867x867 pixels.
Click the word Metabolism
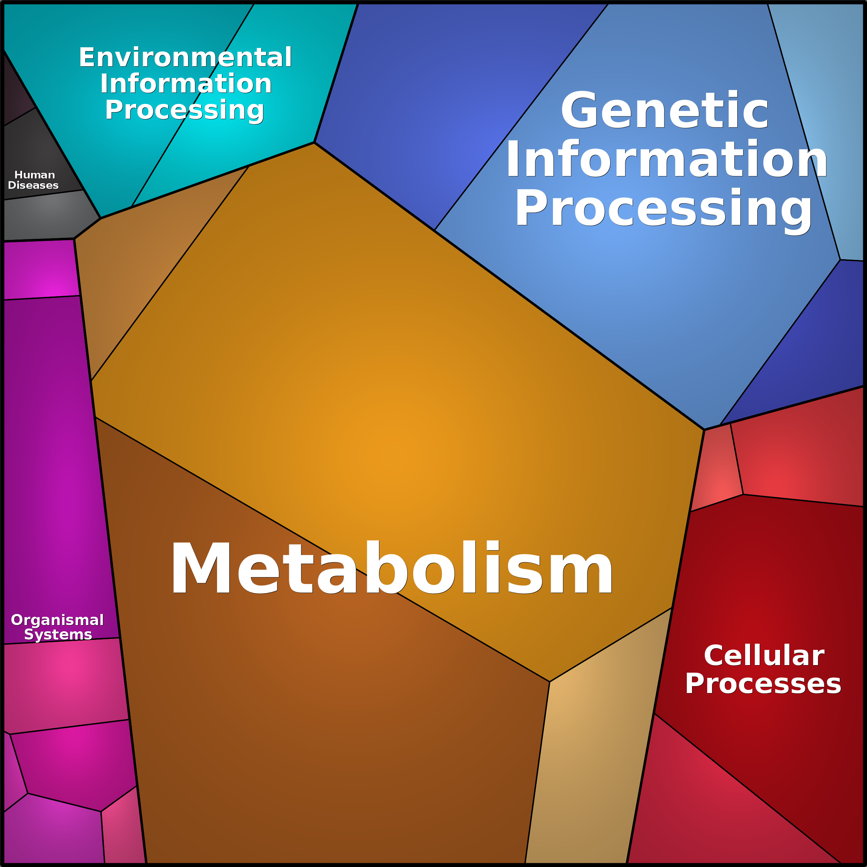pyautogui.click(x=391, y=569)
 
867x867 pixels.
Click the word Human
pyautogui.click(x=35, y=175)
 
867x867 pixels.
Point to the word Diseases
pyautogui.click(x=33, y=185)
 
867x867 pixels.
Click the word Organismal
pyautogui.click(x=57, y=620)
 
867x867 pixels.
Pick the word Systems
pyautogui.click(x=58, y=634)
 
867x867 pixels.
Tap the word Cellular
pyautogui.click(x=764, y=656)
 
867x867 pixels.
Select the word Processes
pyautogui.click(x=763, y=684)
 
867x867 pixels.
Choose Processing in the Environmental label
pyautogui.click(x=184, y=110)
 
